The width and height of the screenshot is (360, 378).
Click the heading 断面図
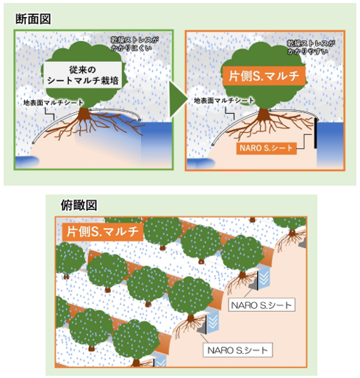[33, 19]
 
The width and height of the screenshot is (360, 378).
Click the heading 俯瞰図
[79, 205]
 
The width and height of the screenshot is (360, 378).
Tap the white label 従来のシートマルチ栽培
[83, 75]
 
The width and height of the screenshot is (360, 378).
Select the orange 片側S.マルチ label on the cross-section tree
[264, 76]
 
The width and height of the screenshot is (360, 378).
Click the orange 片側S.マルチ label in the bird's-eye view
[102, 231]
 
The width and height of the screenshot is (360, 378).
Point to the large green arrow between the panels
[178, 99]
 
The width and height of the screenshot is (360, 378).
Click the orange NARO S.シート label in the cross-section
[267, 148]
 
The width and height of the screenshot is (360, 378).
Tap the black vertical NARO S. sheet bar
[315, 134]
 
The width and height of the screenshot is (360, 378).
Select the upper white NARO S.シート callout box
[262, 305]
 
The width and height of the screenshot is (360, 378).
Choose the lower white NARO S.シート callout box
[238, 350]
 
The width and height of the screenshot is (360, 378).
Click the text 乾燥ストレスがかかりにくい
[134, 43]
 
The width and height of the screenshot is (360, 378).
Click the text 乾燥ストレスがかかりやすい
[311, 47]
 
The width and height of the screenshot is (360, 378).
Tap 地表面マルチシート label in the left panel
[53, 103]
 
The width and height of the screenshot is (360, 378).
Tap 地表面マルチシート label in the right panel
[224, 101]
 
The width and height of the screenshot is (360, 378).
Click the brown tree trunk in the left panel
[84, 114]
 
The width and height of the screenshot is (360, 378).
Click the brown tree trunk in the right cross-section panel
[264, 114]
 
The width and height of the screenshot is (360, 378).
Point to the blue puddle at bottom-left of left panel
[27, 162]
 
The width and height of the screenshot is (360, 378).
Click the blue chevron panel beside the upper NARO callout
[264, 279]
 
